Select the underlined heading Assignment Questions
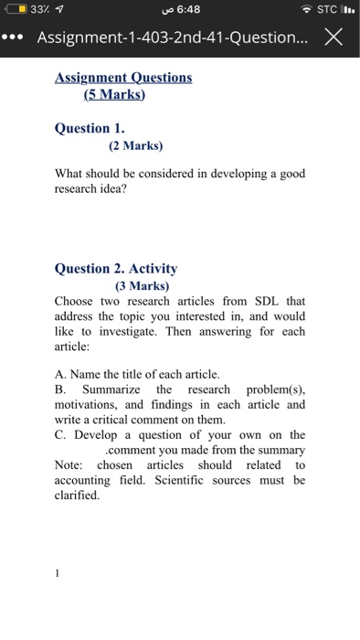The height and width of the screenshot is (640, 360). click(123, 78)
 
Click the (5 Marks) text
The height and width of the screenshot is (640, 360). click(115, 94)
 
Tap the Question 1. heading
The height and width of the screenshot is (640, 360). click(90, 129)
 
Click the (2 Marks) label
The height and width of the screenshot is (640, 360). click(128, 144)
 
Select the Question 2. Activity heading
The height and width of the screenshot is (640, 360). click(116, 269)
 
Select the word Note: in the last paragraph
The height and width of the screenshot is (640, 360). click(69, 465)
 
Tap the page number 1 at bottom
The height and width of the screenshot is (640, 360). click(57, 574)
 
